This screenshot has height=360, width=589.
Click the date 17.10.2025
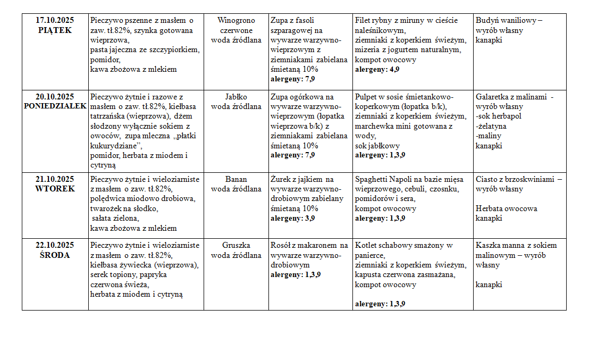pos(55,20)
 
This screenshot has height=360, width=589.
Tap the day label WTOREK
pos(55,189)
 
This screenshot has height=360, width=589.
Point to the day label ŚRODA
pos(55,255)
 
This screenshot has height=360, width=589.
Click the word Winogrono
pos(236,20)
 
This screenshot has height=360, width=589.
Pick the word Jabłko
pos(236,97)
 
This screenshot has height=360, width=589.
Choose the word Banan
pos(236,179)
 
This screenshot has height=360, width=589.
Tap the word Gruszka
pos(236,245)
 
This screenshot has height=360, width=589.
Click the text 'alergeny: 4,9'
pos(377,69)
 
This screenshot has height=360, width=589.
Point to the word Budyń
pos(487,20)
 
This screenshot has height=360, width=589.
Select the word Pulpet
pos(366,97)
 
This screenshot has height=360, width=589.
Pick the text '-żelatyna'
pos(491,126)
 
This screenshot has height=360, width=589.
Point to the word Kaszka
pos(489,245)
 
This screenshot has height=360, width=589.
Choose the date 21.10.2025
pos(55,179)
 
